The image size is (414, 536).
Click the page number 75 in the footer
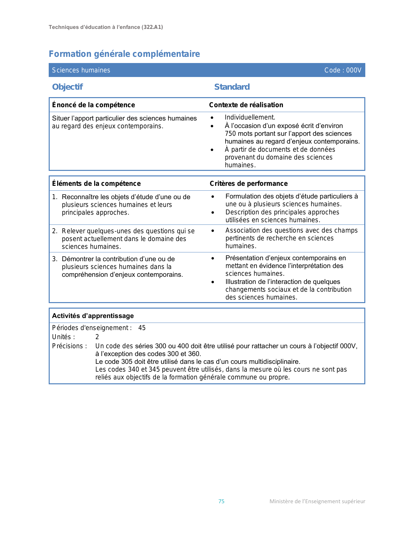(x=221, y=501)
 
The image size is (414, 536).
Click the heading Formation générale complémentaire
(x=124, y=54)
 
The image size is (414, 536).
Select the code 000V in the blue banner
(x=354, y=70)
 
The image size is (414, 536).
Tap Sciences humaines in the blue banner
(x=81, y=70)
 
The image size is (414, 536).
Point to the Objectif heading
(x=67, y=87)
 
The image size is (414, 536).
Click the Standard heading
(x=232, y=87)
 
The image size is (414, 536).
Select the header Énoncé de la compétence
(x=93, y=105)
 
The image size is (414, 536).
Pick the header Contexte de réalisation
(x=246, y=105)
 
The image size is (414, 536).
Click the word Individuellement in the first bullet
(x=249, y=117)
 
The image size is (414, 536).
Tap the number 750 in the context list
(x=231, y=134)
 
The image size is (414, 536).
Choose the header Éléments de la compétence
(x=96, y=184)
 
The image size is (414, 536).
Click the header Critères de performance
(x=248, y=184)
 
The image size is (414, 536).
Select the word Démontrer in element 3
(x=78, y=259)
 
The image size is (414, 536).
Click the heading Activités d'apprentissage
(x=93, y=316)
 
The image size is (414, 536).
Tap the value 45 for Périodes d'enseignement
(x=142, y=328)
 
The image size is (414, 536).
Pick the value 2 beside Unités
(x=97, y=337)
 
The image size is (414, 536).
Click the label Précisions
(x=69, y=346)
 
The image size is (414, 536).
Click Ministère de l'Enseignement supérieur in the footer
(x=317, y=501)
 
